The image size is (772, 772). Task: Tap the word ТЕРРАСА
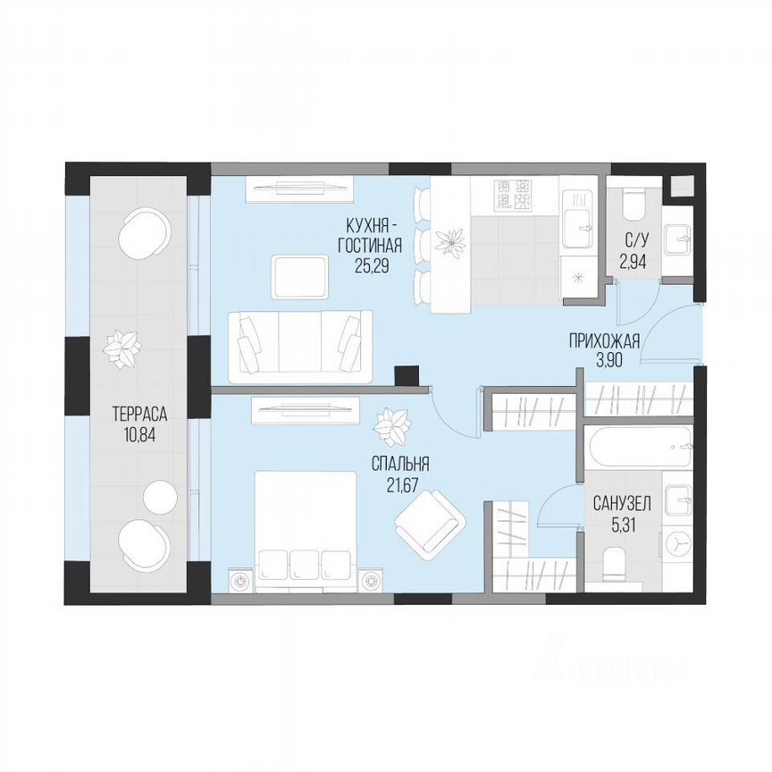(x=141, y=414)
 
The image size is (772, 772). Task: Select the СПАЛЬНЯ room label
(x=401, y=464)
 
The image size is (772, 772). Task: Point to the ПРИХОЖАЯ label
(x=605, y=340)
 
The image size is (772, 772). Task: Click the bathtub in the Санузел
(x=639, y=446)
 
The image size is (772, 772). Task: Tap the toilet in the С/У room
(x=634, y=205)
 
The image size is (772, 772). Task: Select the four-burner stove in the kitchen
(x=515, y=195)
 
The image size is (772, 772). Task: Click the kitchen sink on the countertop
(x=579, y=214)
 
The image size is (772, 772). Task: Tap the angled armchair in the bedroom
(x=431, y=524)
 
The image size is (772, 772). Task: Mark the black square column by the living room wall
(x=407, y=376)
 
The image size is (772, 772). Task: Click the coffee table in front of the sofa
(x=299, y=276)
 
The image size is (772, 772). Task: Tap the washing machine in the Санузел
(x=678, y=541)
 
